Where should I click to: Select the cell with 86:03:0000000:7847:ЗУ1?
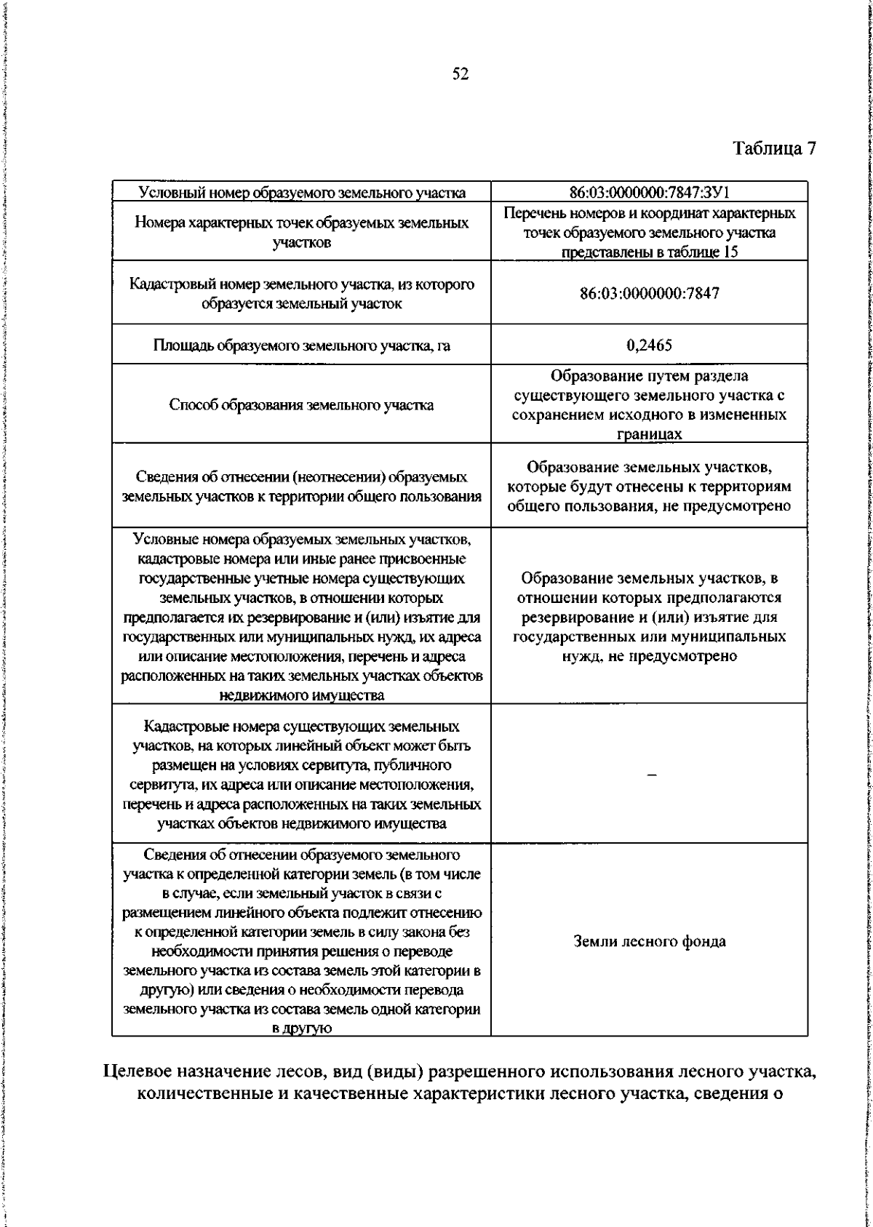pos(649,193)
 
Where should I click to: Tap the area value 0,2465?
pos(649,345)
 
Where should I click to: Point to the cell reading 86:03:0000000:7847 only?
pos(649,294)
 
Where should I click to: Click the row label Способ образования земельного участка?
pos(301,405)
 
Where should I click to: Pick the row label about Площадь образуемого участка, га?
pos(301,345)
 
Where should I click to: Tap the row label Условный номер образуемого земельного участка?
pos(301,193)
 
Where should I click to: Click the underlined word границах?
pos(649,434)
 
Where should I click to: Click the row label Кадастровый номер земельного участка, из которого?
pos(301,284)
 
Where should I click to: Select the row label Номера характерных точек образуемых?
pos(301,223)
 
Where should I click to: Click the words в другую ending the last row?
pos(301,1028)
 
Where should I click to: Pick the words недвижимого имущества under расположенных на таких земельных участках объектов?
pos(301,695)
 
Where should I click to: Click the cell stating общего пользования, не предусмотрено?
pos(649,505)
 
